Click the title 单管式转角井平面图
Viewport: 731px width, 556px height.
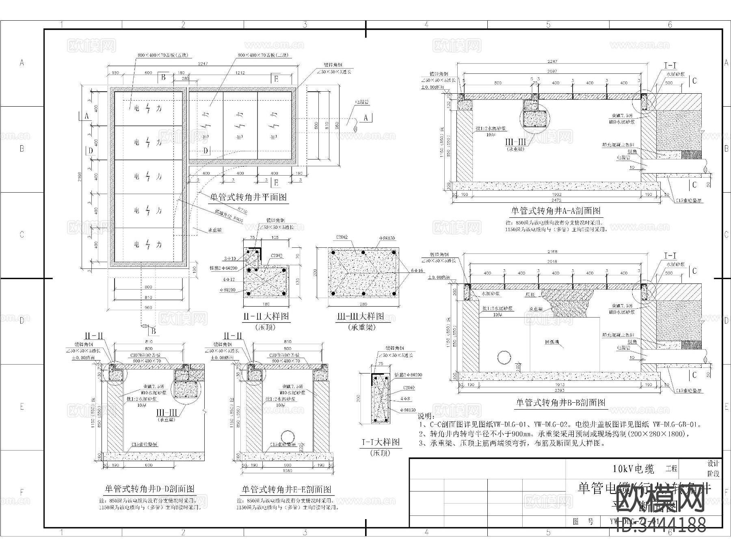pos(248,197)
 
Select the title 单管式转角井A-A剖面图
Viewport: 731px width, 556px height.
pos(555,211)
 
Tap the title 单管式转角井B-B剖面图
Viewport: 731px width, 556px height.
pos(560,403)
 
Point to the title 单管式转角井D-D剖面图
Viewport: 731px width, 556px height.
pos(149,489)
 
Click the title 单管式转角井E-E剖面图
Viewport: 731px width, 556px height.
pos(287,489)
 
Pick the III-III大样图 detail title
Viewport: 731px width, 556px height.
pos(360,316)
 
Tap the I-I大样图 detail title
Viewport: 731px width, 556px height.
pos(381,442)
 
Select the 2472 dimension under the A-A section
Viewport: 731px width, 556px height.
pos(556,200)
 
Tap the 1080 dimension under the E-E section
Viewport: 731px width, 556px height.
pos(288,471)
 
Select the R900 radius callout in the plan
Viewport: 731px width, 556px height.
pos(238,219)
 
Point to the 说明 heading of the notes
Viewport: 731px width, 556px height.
pos(426,416)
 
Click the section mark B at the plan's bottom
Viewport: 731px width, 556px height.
pos(154,332)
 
